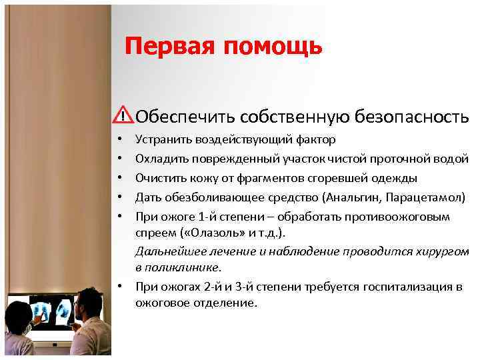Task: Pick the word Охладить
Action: [x=161, y=159]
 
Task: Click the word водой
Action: [x=453, y=159]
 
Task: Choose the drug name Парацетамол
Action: [x=421, y=197]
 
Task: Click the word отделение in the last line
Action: [x=223, y=303]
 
